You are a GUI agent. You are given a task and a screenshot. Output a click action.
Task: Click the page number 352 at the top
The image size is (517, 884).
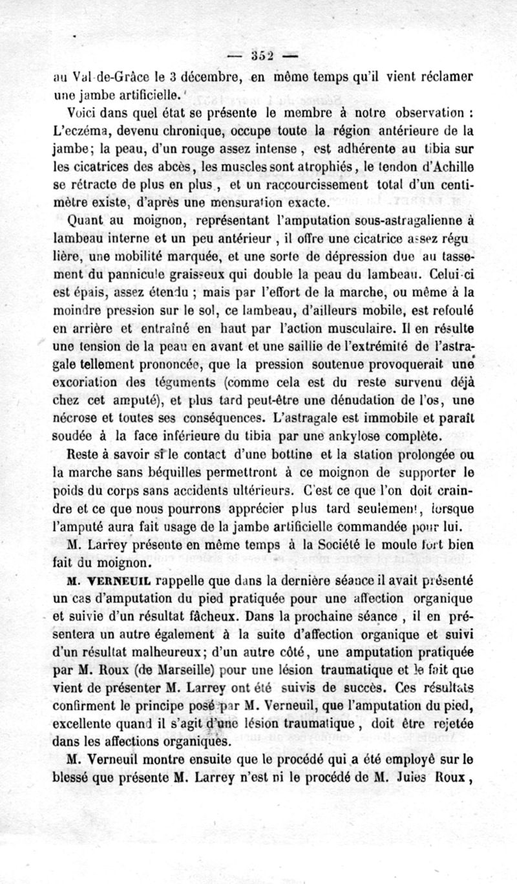pos(259,54)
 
